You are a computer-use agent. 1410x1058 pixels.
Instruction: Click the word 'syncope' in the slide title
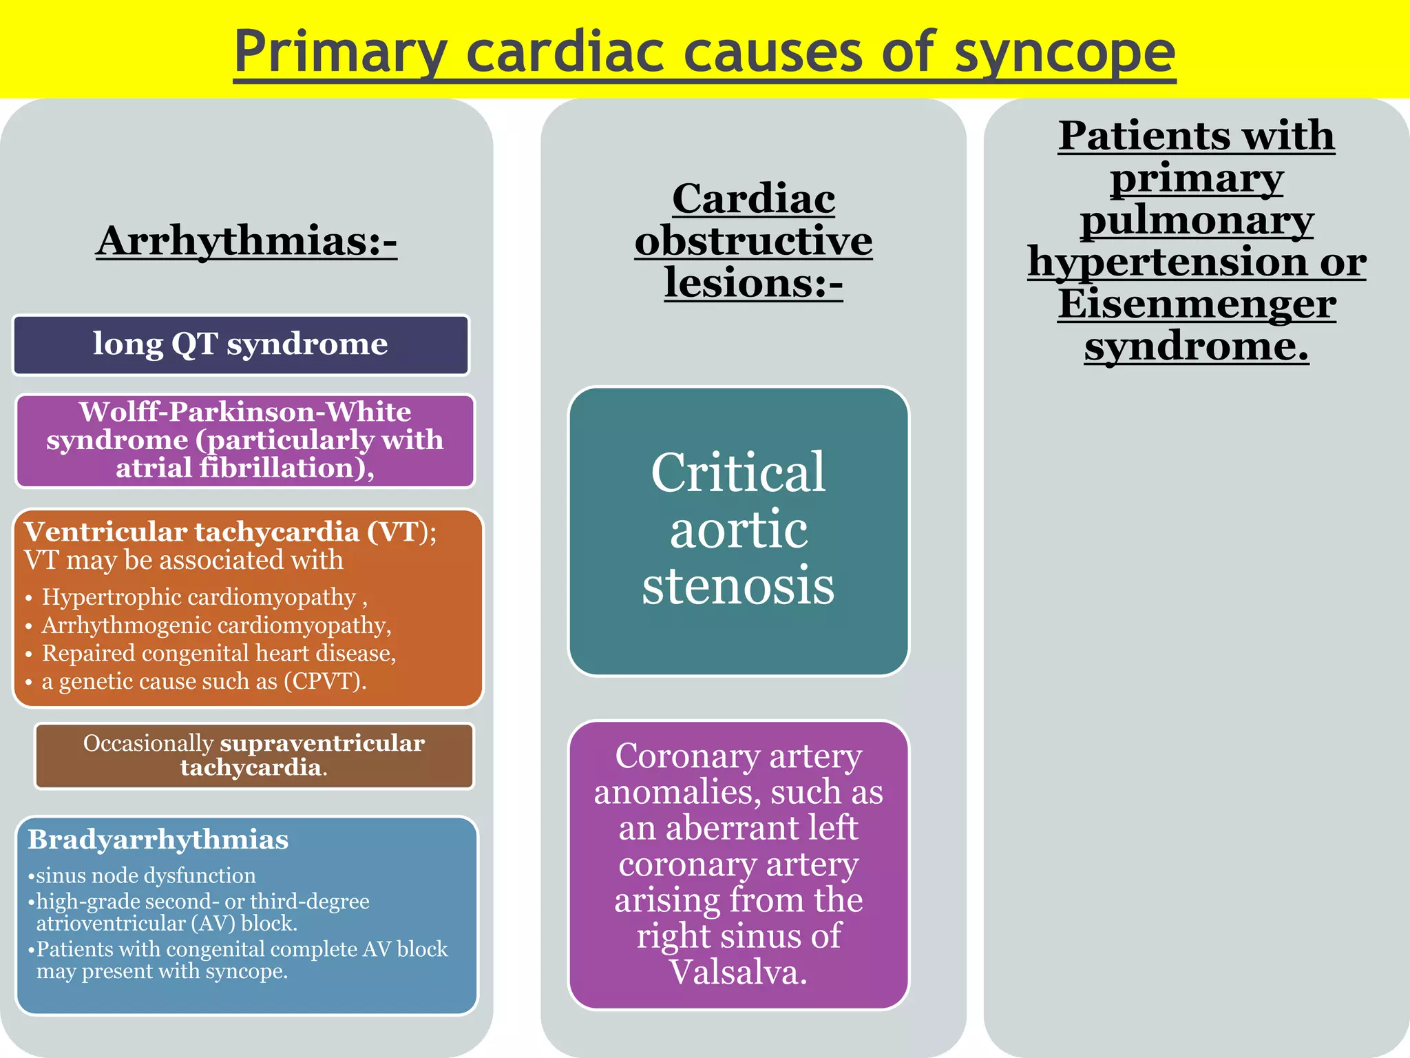pos(1064,54)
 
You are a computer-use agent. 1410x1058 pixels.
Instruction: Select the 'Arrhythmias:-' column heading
pos(246,241)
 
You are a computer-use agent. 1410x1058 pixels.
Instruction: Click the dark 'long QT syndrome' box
pos(240,344)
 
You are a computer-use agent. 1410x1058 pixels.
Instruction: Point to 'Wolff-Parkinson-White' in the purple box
pos(245,412)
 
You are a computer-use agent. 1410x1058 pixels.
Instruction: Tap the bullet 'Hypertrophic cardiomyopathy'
pos(199,597)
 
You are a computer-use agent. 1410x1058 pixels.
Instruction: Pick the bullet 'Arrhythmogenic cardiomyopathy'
pos(215,625)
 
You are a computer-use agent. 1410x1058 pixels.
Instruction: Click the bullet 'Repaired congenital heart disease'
pos(218,654)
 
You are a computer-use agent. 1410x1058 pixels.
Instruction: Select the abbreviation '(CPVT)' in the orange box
pos(323,682)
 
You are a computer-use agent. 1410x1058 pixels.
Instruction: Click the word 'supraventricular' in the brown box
pos(322,743)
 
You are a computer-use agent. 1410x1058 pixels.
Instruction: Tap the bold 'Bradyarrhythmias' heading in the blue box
pos(158,840)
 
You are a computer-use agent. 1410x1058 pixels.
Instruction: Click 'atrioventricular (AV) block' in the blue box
pos(167,924)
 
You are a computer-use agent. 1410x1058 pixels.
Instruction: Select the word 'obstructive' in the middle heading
pos(753,241)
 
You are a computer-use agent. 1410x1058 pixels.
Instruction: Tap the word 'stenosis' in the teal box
pos(738,585)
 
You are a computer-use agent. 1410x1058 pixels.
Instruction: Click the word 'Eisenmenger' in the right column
pos(1197,304)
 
